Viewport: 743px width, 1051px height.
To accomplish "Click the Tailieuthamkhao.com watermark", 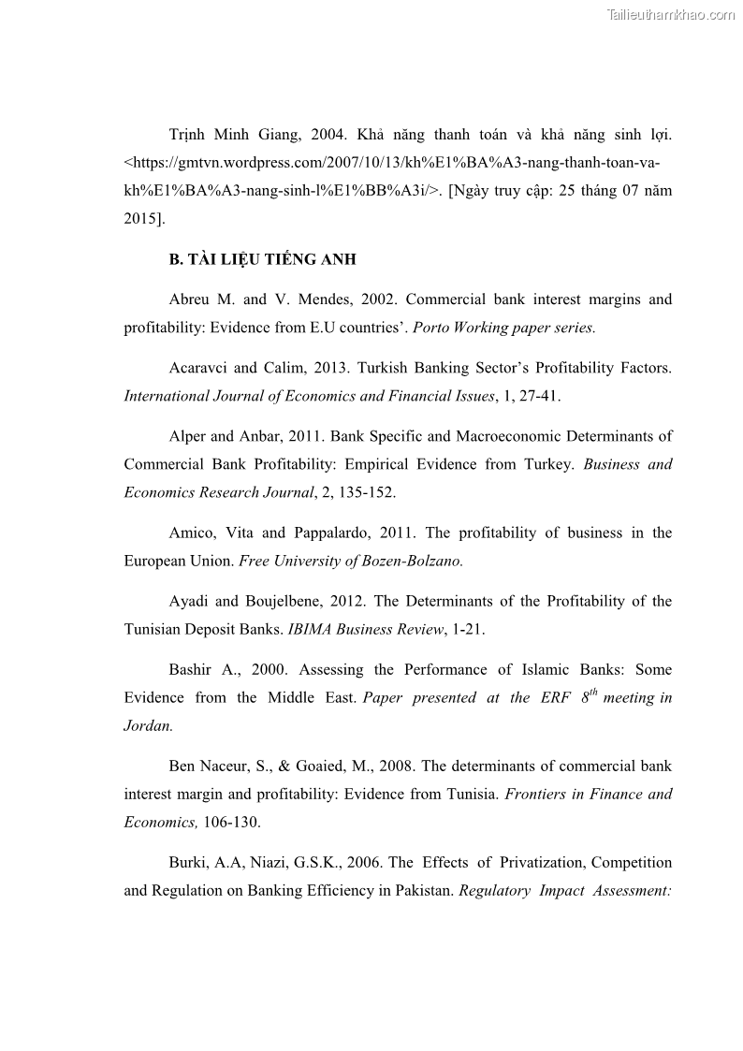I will tap(671, 14).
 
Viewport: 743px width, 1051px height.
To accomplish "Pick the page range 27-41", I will tap(538, 396).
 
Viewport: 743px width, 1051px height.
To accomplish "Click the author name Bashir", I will tap(192, 669).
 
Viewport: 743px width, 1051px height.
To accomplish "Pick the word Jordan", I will tap(148, 725).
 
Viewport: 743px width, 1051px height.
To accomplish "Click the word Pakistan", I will tap(422, 890).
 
